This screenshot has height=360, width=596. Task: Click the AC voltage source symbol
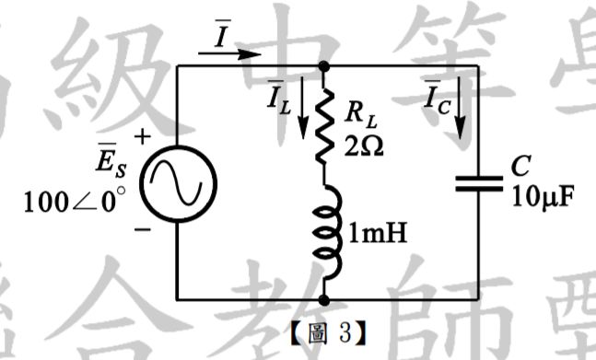176,181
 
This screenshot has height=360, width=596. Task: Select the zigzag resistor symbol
324,120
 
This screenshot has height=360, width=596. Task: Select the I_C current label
435,99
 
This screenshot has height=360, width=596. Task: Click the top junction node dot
324,66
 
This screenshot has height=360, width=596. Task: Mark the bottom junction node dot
324,300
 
